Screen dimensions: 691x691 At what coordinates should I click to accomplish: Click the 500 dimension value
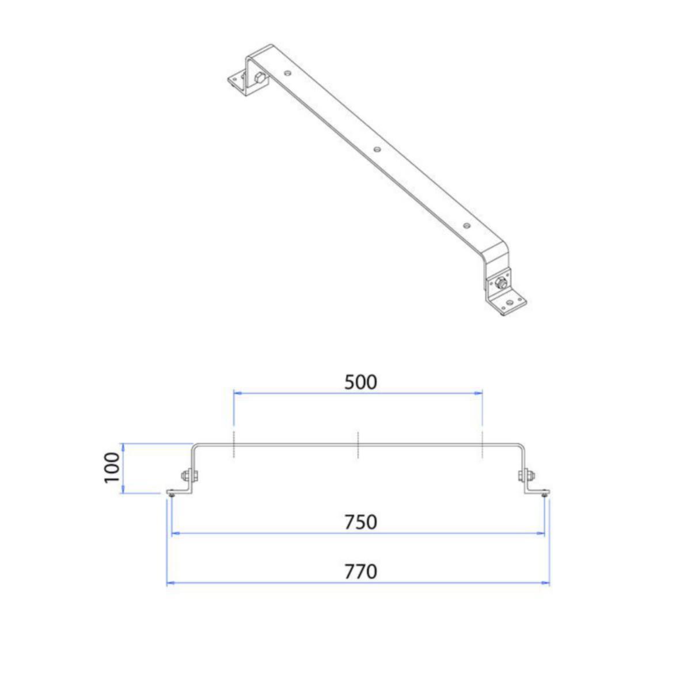[x=360, y=382]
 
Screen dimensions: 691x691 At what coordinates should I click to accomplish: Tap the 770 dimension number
[x=360, y=572]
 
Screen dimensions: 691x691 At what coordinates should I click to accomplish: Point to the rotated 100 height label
[x=112, y=468]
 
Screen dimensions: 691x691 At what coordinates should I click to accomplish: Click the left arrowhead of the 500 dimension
[x=238, y=393]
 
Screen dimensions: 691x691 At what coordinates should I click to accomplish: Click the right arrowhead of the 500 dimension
[x=477, y=393]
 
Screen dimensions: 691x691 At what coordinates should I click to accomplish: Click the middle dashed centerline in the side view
[x=358, y=445]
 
